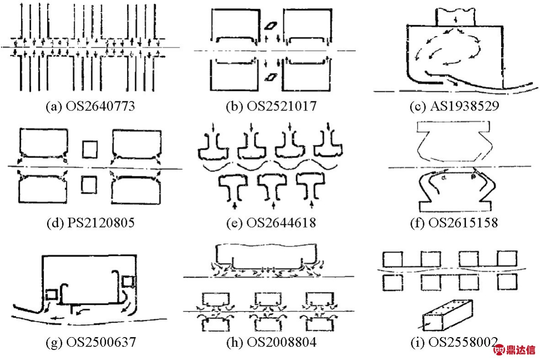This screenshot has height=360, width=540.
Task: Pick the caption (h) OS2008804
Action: (271, 341)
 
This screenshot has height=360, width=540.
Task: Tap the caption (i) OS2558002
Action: (452, 341)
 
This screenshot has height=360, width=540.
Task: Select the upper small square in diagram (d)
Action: (90, 148)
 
